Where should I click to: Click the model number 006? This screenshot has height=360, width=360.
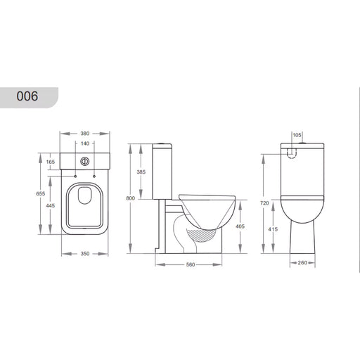(27, 96)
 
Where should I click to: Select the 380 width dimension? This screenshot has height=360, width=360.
(85, 134)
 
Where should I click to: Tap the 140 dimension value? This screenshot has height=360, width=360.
(85, 143)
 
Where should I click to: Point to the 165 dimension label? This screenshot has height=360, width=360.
(51, 162)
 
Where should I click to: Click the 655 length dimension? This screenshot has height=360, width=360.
(41, 193)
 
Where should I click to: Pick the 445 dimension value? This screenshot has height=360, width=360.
(51, 205)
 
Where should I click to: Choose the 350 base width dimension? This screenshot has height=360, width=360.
(85, 254)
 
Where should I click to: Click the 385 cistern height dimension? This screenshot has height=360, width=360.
(141, 172)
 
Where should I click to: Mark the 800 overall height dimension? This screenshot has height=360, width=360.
(131, 198)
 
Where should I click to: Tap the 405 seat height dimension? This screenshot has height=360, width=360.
(240, 226)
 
